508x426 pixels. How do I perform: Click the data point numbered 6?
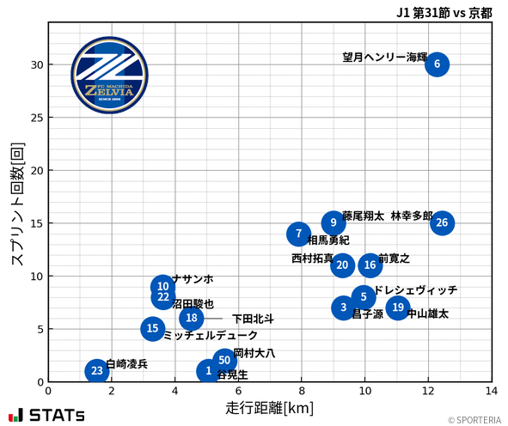point(437,64)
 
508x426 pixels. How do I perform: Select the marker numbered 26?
point(442,223)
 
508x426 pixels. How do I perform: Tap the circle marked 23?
point(97,371)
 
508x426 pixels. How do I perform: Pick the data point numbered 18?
point(192,319)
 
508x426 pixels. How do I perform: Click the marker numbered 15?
point(152,328)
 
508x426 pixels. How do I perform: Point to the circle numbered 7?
point(298,234)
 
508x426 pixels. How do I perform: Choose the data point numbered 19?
point(397,307)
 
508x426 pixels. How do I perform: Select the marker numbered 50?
point(223,361)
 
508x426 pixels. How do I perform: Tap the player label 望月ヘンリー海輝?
point(384,58)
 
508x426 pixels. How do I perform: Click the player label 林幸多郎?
point(412,216)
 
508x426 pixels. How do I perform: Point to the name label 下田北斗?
point(253,319)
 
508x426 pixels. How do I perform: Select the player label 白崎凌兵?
point(126,364)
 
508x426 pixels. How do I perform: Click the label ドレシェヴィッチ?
point(416,290)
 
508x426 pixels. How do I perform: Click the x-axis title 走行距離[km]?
point(269,406)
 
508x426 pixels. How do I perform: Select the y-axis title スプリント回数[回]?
point(16,205)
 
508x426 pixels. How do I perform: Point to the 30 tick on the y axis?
point(36,64)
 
